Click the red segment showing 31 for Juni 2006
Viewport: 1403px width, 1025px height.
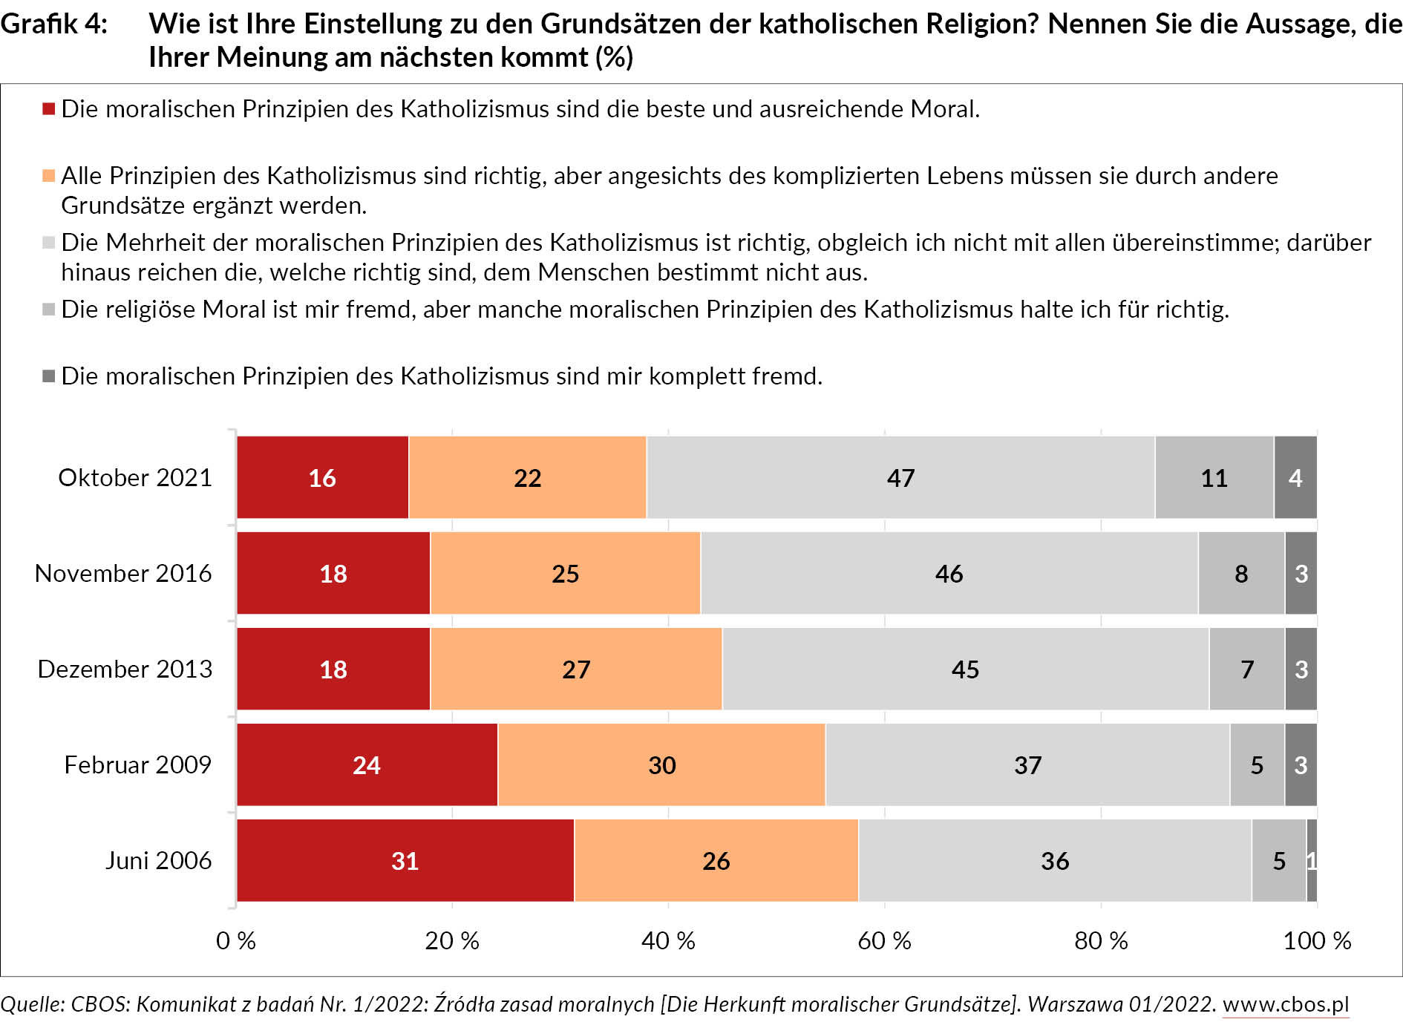pos(405,860)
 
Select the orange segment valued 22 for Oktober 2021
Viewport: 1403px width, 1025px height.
pos(527,477)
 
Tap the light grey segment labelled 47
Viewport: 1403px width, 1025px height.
pos(900,477)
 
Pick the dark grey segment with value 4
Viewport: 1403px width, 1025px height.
pos(1295,477)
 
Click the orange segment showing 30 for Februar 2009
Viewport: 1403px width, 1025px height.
pos(661,764)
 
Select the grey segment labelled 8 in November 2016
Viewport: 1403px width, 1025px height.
pos(1241,573)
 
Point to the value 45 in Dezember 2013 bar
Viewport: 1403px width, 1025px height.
pos(965,669)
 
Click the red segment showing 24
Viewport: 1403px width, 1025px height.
pos(367,764)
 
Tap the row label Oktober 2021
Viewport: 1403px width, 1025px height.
pos(135,477)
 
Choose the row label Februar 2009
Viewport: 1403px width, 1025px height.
pos(137,764)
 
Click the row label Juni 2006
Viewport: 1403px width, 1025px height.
pos(158,860)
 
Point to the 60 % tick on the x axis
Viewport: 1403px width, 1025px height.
pos(884,940)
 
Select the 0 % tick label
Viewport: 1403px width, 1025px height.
pos(236,940)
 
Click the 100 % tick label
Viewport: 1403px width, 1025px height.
pos(1317,940)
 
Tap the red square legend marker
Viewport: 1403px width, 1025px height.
pos(49,109)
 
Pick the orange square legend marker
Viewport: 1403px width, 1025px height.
pos(49,176)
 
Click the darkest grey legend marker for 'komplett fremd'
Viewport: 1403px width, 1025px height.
pos(49,376)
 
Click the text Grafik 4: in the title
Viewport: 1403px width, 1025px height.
pos(53,24)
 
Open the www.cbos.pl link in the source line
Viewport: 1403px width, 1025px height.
pos(1285,1003)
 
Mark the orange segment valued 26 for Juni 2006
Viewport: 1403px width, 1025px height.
pos(716,860)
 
